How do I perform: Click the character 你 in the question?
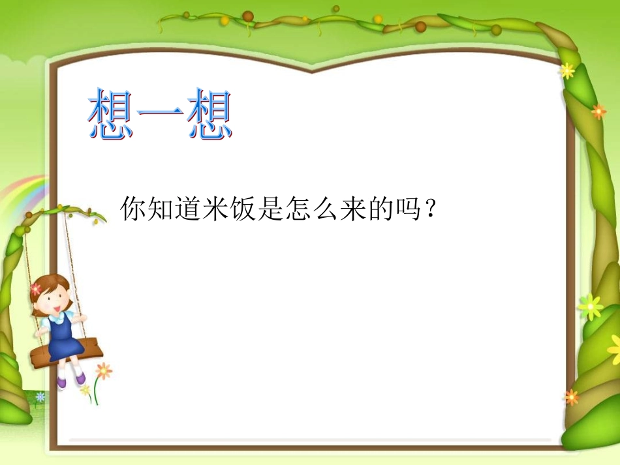(x=133, y=210)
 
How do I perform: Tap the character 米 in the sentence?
(x=215, y=210)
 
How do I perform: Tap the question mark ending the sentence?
(x=430, y=210)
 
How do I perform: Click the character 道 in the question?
(x=188, y=210)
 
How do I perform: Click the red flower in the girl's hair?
(x=36, y=289)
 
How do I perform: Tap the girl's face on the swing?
(x=54, y=299)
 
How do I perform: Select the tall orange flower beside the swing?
(x=103, y=371)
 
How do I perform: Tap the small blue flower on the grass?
(x=40, y=397)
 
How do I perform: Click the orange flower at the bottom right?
(x=571, y=397)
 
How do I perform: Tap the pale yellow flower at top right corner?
(x=566, y=70)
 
